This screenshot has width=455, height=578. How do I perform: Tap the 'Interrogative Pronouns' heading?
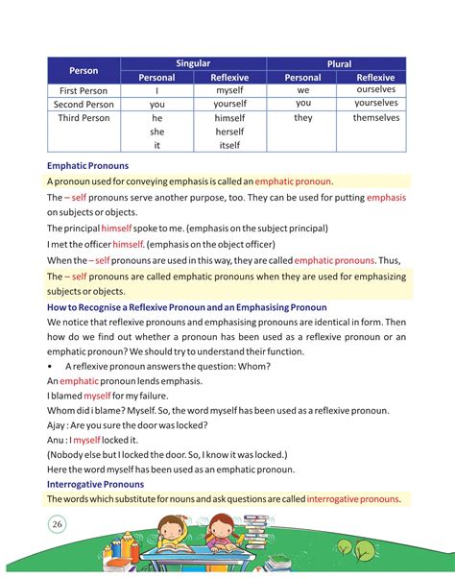click(102, 484)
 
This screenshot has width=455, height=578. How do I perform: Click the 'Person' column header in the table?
click(84, 70)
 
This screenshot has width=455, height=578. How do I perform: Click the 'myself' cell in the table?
click(230, 89)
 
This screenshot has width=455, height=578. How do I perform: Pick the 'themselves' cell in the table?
click(375, 118)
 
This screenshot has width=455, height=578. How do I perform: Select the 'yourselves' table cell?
click(375, 103)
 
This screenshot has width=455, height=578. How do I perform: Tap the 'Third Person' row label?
click(83, 118)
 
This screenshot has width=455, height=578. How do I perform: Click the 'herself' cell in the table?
click(230, 132)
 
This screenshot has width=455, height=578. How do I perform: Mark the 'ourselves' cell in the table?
click(375, 89)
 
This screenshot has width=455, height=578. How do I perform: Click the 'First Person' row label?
click(83, 89)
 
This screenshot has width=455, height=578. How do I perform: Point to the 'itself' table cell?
click(230, 145)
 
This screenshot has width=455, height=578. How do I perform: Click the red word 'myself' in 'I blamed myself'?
click(97, 395)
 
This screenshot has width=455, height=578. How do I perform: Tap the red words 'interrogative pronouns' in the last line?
click(352, 499)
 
